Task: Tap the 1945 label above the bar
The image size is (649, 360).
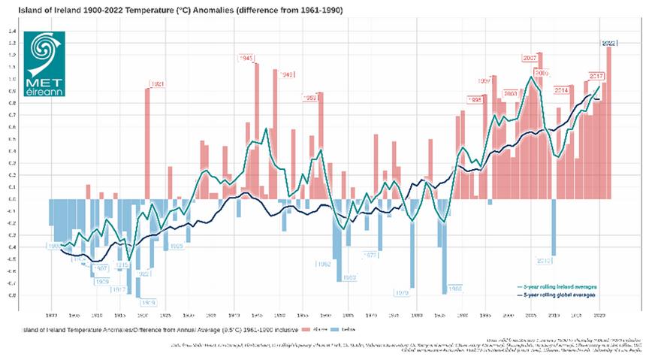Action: tap(246, 58)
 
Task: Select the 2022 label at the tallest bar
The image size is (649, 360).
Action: tap(609, 43)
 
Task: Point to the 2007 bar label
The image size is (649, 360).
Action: tap(530, 58)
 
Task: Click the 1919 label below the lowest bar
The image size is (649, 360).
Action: tap(148, 302)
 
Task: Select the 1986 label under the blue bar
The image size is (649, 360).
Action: tap(454, 288)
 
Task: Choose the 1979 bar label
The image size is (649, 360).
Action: tap(402, 292)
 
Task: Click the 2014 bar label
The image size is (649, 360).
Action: tap(561, 89)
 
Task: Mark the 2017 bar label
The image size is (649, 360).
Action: tap(597, 77)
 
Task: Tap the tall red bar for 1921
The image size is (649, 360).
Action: tap(147, 143)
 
